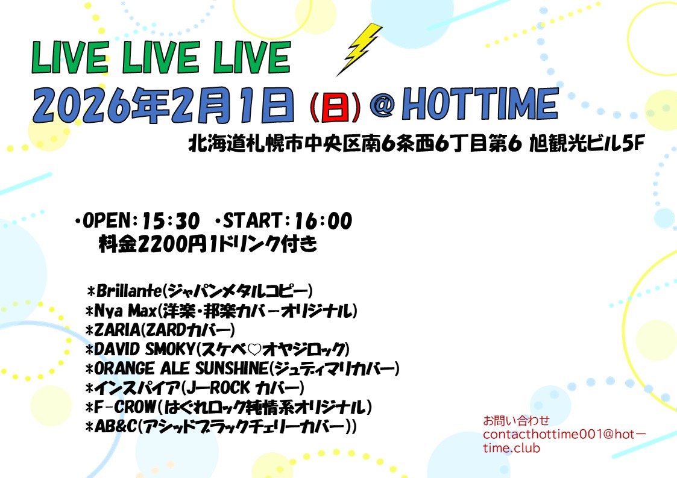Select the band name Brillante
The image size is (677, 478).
[128, 292]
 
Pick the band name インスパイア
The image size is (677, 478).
[137, 388]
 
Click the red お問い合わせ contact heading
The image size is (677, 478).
[516, 420]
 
